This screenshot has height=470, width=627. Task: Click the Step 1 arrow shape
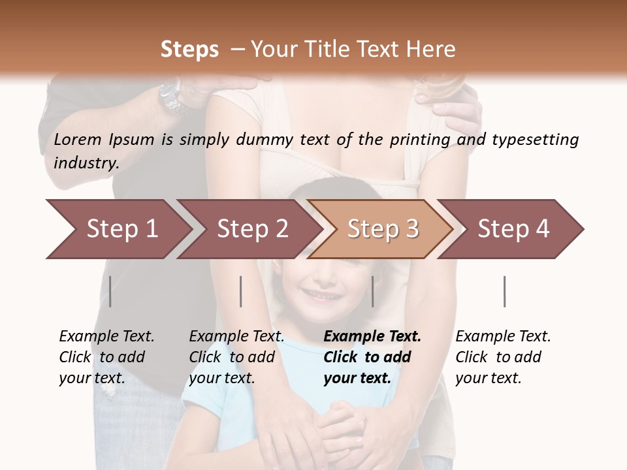coord(118,229)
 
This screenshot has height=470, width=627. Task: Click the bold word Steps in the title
coord(189,50)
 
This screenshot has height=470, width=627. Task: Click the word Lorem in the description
coord(77,140)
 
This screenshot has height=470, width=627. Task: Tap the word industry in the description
coord(85,163)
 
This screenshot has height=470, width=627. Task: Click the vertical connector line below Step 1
coord(110,291)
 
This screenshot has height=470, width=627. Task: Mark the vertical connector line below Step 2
coord(241,291)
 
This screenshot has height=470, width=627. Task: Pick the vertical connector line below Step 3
coord(372,291)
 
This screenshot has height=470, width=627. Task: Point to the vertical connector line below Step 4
coord(505,291)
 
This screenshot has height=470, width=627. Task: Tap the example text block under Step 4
coord(503,357)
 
